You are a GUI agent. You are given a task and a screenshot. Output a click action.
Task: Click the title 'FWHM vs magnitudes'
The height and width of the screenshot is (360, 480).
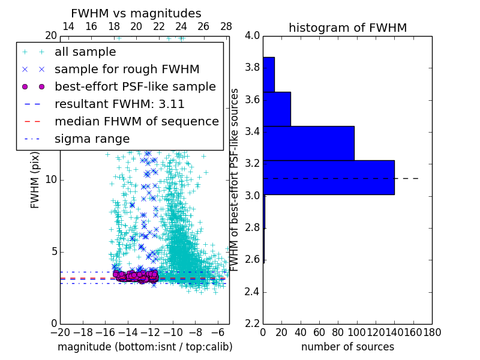pos(136,13)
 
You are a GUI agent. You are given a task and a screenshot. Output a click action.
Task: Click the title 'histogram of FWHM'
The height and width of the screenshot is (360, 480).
pos(347,28)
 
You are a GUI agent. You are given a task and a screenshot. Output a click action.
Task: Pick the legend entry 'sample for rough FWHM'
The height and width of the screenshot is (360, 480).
pos(127,70)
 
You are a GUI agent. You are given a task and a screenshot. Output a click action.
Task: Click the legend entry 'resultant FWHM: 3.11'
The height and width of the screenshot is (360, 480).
pos(119,104)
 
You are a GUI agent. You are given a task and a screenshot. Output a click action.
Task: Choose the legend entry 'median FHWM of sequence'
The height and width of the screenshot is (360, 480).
pos(136,122)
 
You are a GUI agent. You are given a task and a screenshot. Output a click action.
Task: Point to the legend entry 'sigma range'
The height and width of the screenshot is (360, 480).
pos(92,139)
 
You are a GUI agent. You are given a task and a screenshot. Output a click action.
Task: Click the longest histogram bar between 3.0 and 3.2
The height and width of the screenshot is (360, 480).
pos(329,178)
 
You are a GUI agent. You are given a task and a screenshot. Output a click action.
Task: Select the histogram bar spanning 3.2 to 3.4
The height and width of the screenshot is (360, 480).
pos(308,143)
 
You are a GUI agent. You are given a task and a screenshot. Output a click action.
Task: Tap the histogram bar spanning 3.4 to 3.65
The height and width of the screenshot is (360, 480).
pos(277,109)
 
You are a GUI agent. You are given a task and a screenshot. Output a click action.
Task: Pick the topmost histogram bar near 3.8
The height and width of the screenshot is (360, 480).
pos(269,74)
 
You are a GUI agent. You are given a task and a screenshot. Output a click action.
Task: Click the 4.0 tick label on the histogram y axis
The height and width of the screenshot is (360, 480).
pos(253,35)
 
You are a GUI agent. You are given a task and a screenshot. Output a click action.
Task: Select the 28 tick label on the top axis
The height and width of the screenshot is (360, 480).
pos(226,26)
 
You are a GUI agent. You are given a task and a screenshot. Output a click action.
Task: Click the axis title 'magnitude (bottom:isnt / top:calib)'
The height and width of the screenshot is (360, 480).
pos(145,347)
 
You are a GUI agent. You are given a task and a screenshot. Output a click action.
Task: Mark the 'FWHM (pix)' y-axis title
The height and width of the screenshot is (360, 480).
pos(35,179)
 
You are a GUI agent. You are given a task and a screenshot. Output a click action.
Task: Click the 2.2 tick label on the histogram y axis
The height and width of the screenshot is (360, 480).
pos(253,324)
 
